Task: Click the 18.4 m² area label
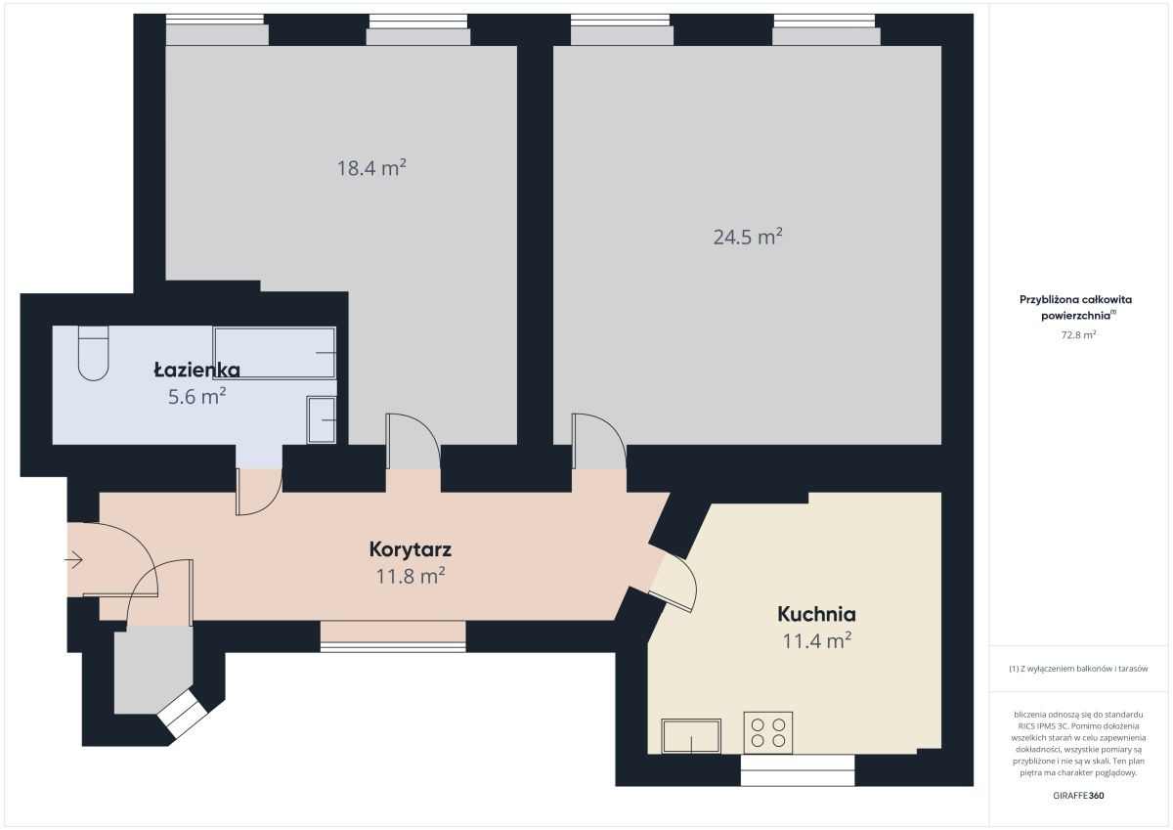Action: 371,168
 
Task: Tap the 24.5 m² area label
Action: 748,237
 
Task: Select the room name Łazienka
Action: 196,371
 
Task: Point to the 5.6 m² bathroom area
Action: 196,396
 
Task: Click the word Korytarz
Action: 410,549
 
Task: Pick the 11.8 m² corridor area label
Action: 410,576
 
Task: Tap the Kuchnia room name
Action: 816,614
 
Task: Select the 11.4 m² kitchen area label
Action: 816,640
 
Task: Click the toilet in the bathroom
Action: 93,353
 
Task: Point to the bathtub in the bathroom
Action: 275,352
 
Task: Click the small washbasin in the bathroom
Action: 321,420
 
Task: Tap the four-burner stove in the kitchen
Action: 767,732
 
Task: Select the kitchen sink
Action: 691,736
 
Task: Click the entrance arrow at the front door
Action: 74,560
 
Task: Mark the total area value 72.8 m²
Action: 1078,334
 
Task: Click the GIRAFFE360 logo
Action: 1078,796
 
